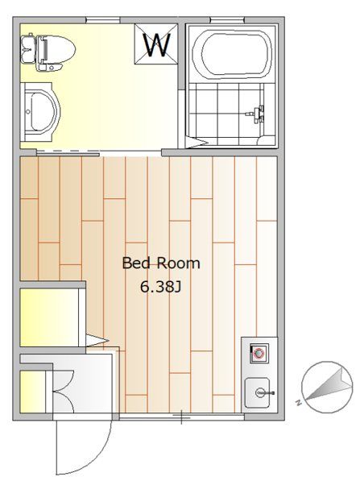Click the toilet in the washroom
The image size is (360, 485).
[48, 52]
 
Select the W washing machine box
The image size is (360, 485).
[156, 44]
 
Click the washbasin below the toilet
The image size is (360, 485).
[40, 111]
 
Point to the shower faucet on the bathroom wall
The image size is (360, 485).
[256, 114]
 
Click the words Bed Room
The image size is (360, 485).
[161, 263]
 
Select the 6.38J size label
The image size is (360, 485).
[160, 288]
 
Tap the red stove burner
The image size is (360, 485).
[259, 353]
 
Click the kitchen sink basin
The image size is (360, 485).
[258, 393]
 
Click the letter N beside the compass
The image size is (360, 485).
[299, 403]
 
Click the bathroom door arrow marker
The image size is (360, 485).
[197, 143]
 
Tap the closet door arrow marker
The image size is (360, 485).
[97, 341]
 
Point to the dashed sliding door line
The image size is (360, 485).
[67, 151]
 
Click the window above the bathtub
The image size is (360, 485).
[228, 20]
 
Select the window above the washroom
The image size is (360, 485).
[102, 20]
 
